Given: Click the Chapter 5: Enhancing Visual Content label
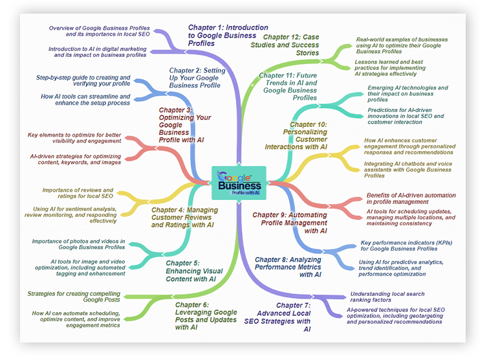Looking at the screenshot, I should (193, 271).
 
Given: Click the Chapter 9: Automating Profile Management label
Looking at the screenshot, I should (289, 223).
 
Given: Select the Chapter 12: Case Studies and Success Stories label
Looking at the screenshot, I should (291, 45).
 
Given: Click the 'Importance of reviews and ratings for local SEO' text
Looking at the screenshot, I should (78, 193).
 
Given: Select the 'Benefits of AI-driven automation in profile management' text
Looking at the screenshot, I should (410, 199).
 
